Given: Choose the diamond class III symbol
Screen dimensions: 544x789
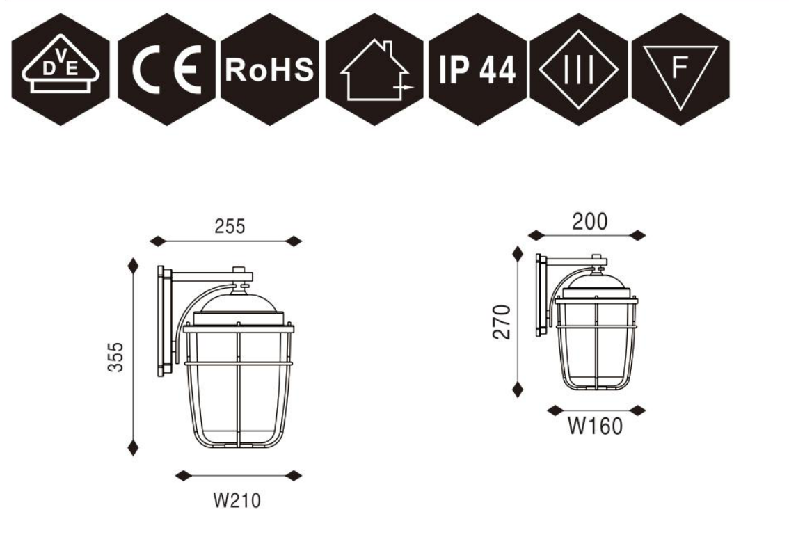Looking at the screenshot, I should click(x=579, y=69).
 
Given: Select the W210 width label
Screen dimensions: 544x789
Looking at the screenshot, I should click(x=238, y=500).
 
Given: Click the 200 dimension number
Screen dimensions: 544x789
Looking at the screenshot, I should click(x=589, y=222).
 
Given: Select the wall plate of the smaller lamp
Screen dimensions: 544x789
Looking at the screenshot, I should click(x=540, y=295).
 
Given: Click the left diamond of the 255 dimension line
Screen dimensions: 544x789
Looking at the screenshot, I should click(x=159, y=241).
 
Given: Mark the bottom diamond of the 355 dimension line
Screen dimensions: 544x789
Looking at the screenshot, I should click(x=133, y=447).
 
